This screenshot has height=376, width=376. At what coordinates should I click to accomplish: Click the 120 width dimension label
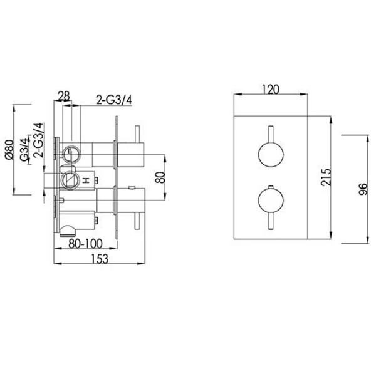point(271,89)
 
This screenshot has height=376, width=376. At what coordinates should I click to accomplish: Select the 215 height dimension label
point(326,177)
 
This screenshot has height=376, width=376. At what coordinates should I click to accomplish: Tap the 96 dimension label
point(363,189)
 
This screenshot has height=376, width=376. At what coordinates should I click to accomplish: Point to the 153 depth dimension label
point(100,258)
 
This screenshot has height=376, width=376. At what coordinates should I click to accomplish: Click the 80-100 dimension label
point(85,244)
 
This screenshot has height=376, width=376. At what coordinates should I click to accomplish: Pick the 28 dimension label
point(64,96)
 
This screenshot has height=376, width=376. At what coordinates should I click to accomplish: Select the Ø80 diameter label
point(10,149)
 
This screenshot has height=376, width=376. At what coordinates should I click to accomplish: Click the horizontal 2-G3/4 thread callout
point(114,100)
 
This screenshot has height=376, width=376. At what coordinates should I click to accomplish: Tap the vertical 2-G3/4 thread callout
point(39,140)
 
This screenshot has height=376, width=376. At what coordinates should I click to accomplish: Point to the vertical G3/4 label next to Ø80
point(24,149)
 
